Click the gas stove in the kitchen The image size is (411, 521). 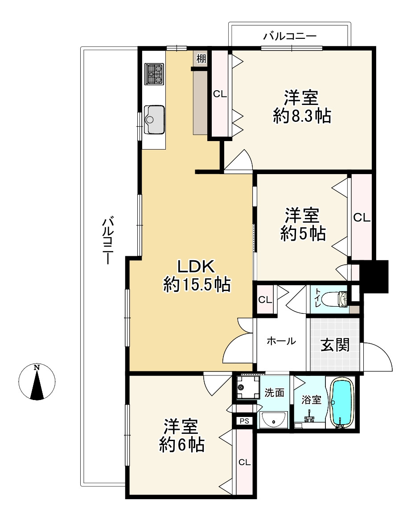[x=154, y=74]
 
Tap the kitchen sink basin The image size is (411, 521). [x=154, y=119]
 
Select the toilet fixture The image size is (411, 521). [x=340, y=298]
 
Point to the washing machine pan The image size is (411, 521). [x=247, y=387]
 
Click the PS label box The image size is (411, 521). [x=244, y=421]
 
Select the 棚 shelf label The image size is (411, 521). [x=201, y=59]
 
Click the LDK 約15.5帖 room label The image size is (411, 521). [x=197, y=275]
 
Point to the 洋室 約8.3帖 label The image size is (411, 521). [x=301, y=107]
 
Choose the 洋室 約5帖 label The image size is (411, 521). [x=303, y=224]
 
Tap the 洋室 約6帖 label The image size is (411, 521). [x=181, y=436]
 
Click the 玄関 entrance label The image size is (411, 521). [x=335, y=345]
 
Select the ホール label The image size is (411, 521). [x=281, y=341]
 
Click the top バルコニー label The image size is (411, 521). [x=290, y=36]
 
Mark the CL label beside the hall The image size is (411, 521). [x=265, y=300]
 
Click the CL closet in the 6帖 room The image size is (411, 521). [x=244, y=462]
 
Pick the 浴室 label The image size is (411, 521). [x=312, y=400]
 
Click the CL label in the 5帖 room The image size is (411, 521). [x=362, y=217]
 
